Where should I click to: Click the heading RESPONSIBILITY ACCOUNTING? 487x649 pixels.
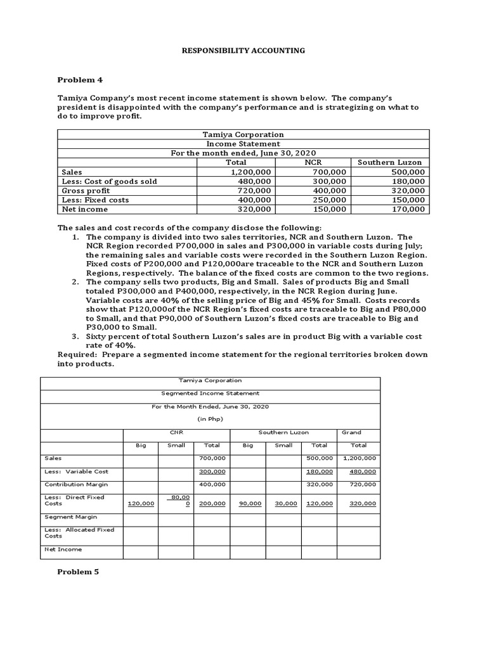(243, 50)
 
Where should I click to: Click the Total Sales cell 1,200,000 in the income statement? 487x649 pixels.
(252, 172)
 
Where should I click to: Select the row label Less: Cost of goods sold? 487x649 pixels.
(109, 181)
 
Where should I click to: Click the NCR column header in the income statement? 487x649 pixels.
(314, 162)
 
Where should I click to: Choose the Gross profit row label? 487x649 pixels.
(86, 190)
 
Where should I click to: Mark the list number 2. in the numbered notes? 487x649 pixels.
(75, 281)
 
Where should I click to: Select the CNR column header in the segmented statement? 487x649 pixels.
(176, 432)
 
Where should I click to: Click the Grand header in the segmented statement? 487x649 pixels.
(351, 432)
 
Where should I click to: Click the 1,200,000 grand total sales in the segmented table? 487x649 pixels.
(360, 458)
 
